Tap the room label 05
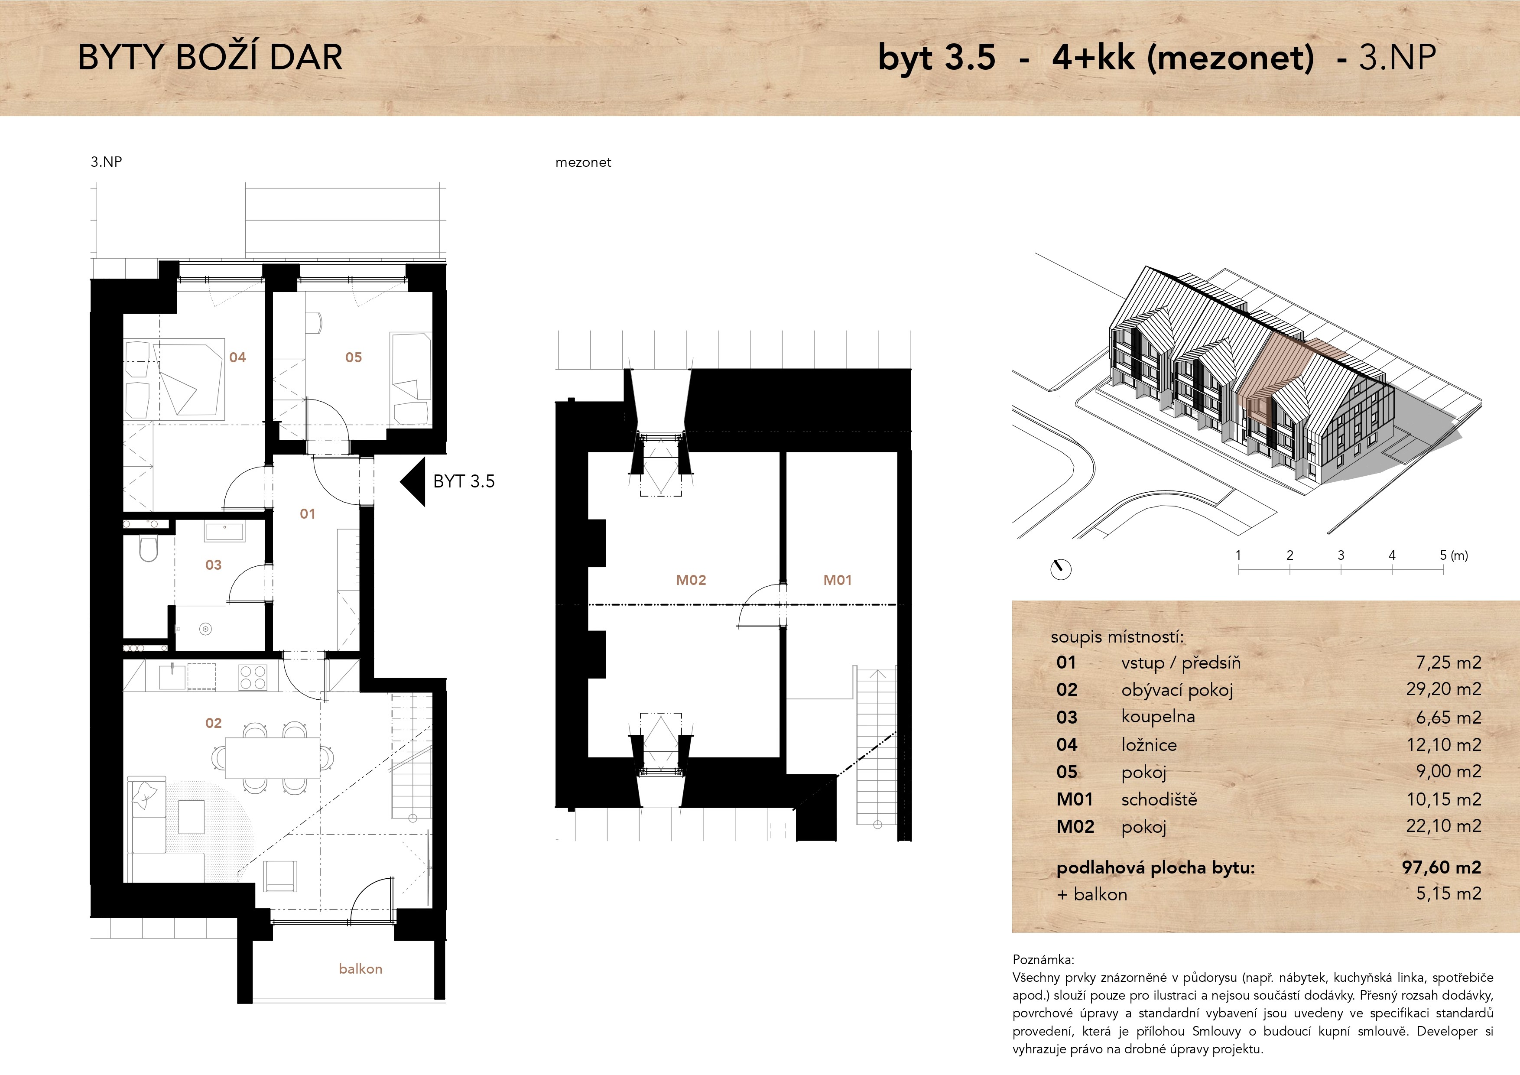(x=354, y=357)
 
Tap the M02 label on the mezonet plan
(x=691, y=580)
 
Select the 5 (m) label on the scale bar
(x=1454, y=555)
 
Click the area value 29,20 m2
(x=1444, y=689)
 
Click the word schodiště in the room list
(x=1159, y=799)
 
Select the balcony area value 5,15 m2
(x=1449, y=893)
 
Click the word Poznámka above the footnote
(x=1044, y=960)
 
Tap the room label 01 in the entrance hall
(x=307, y=514)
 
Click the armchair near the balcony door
(x=280, y=876)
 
